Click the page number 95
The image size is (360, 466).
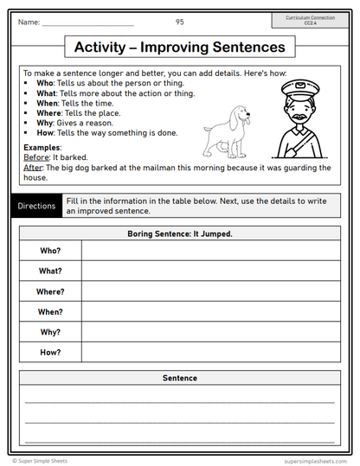click(179, 21)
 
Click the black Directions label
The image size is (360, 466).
click(36, 206)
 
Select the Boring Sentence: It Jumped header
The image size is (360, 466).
click(179, 233)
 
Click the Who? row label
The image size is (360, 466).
click(50, 250)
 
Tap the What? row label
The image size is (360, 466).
click(50, 271)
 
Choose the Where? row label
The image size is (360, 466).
click(50, 291)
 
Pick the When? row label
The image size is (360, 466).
click(50, 311)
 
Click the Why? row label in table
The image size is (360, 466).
click(50, 332)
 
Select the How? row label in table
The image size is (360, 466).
click(50, 352)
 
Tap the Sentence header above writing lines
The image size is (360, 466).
click(179, 378)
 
